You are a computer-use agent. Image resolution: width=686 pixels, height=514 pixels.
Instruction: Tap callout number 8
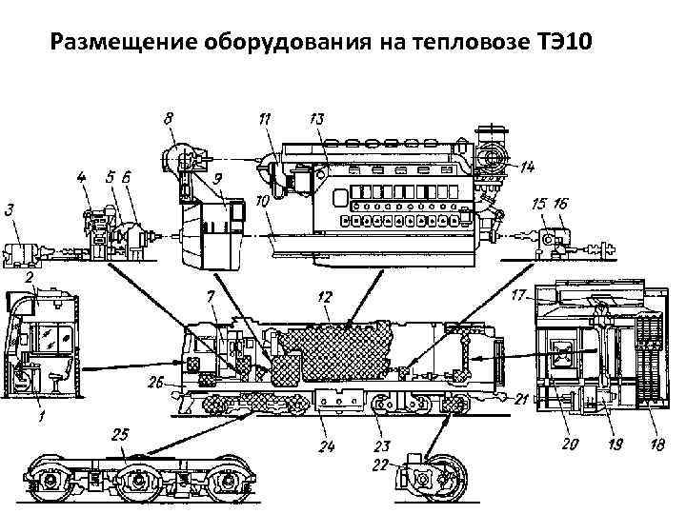[x=169, y=120]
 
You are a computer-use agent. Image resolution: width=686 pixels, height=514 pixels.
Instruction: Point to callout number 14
[x=527, y=168]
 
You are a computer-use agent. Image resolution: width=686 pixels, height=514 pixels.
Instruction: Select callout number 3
[x=10, y=209]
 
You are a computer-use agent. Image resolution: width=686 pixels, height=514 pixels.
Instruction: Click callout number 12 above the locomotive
[x=325, y=299]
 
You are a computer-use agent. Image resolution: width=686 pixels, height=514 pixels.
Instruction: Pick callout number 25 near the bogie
[x=120, y=435]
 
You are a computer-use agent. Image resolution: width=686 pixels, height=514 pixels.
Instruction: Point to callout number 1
[x=40, y=416]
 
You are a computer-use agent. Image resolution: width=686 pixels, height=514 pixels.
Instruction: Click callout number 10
[x=261, y=203]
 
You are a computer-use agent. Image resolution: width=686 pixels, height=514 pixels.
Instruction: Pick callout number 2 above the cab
[x=30, y=276]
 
